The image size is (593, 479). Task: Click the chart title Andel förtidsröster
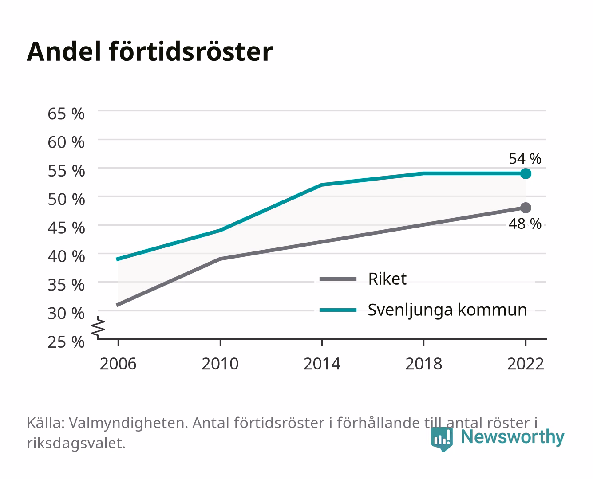point(150,52)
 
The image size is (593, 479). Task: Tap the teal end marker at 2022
point(526,173)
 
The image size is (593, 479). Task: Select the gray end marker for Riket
point(526,208)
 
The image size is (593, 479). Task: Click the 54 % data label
point(525,158)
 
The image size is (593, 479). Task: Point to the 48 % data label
point(525,224)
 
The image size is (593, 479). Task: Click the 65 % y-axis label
point(66,114)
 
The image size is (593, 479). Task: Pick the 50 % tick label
point(66,200)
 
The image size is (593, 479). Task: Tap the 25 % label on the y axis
point(66,342)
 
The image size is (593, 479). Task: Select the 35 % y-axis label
point(66,285)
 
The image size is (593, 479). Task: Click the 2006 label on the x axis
point(118,364)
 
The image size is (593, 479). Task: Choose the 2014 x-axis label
point(322,364)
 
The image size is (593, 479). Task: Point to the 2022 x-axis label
point(526,364)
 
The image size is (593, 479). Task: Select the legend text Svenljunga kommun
point(447,310)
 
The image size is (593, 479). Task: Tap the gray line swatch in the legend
point(338,279)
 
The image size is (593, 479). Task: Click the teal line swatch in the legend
point(338,310)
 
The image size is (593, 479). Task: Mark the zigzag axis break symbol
point(98,328)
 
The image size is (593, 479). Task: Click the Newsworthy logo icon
point(442,439)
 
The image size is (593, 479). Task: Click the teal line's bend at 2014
point(322,185)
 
